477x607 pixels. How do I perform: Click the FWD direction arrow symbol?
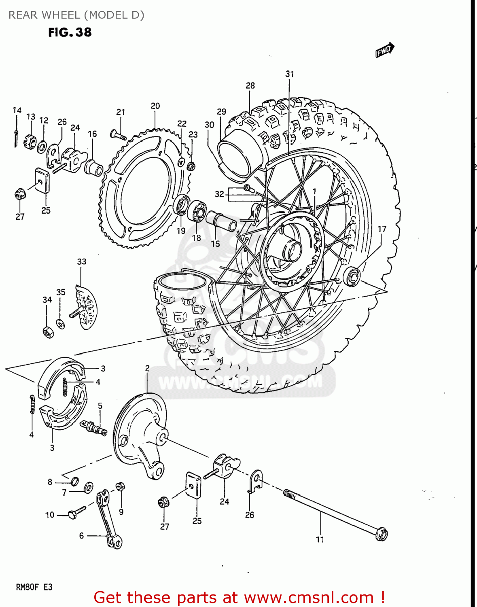click(384, 50)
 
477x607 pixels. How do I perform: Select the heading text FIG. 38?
click(70, 32)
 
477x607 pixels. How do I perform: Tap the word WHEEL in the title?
click(61, 15)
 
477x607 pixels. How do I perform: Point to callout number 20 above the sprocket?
click(155, 106)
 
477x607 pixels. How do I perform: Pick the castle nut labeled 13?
click(31, 142)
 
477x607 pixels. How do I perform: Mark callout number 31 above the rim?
click(290, 74)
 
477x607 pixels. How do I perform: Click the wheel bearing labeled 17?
click(352, 276)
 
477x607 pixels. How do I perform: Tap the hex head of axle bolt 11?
click(381, 534)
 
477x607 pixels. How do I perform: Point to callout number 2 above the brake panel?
click(147, 368)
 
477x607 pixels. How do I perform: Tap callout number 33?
click(82, 262)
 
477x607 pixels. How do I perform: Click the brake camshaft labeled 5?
click(95, 427)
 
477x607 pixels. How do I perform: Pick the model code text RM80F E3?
click(34, 587)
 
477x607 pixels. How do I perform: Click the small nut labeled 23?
click(192, 166)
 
